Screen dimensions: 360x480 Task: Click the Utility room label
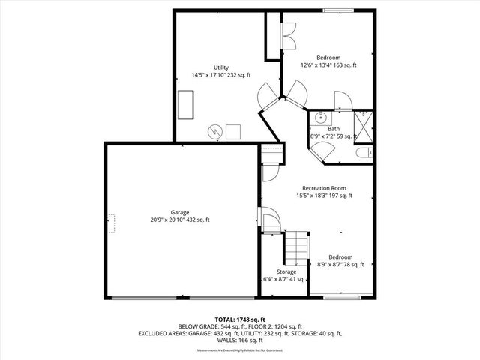click(220, 67)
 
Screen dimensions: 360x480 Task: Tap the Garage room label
click(179, 212)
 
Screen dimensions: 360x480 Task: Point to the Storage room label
click(286, 271)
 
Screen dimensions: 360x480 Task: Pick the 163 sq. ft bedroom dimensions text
click(328, 65)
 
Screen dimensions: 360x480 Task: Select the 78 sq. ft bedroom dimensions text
click(337, 264)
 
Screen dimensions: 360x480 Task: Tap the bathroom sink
click(320, 117)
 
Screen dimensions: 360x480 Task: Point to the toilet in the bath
click(364, 153)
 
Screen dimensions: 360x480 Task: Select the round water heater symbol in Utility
click(215, 131)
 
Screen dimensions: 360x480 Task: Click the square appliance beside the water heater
click(233, 131)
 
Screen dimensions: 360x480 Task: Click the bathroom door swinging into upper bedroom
click(339, 99)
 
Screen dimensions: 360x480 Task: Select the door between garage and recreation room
click(268, 219)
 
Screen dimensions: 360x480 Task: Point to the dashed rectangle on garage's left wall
click(112, 223)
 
